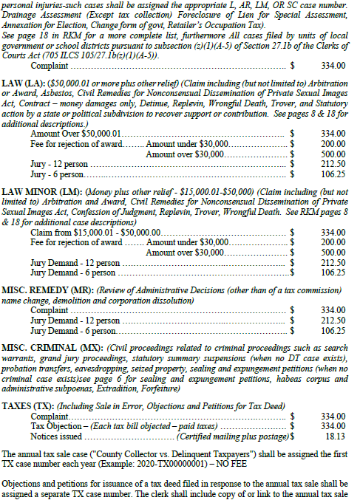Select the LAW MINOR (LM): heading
41,190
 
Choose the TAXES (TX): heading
29,405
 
